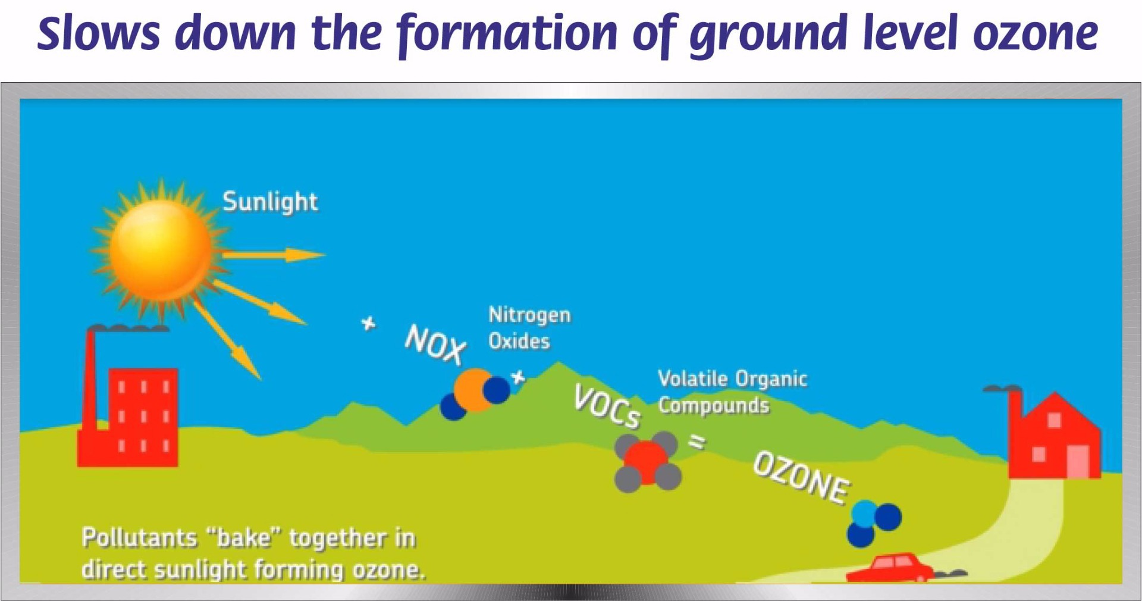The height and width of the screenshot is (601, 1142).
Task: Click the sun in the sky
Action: tap(161, 250)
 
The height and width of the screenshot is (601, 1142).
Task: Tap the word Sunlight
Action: tap(270, 202)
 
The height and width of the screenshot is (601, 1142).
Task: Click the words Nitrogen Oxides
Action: tap(529, 328)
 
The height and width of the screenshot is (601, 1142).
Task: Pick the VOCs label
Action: tap(607, 406)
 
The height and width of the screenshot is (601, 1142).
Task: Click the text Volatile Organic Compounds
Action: tap(732, 392)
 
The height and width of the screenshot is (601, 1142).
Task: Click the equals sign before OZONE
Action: tap(697, 442)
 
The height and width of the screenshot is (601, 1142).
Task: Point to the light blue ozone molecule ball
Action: tap(865, 513)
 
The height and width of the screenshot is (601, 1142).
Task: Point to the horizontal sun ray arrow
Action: tap(274, 255)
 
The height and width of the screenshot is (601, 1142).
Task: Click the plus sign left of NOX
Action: tap(369, 324)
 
